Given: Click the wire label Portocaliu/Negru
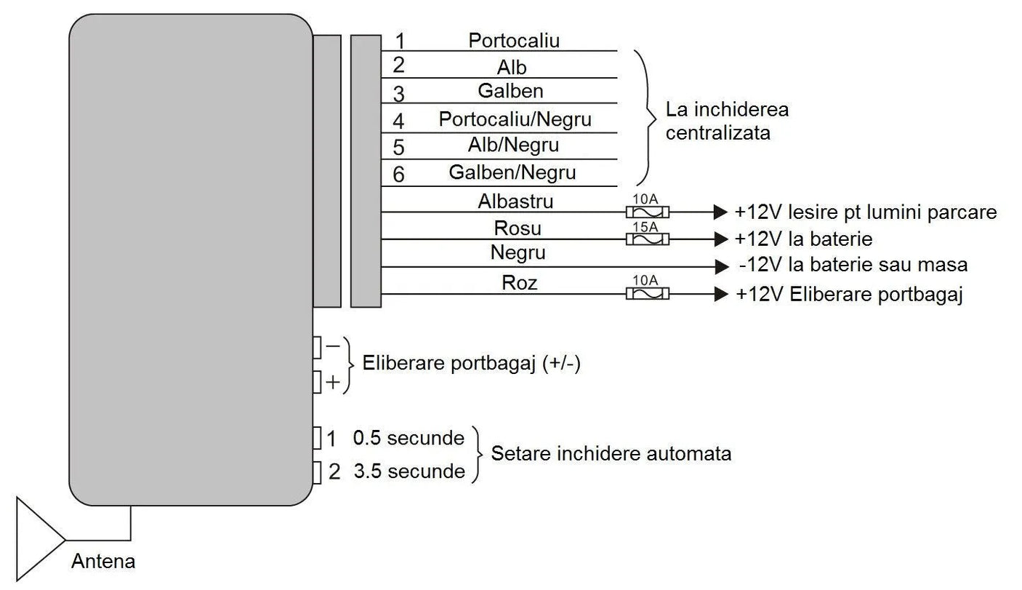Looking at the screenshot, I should (515, 119).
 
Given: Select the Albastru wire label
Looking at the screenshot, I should (515, 201).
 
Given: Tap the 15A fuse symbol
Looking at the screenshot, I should (647, 239).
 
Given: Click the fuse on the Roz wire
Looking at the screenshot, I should (647, 294).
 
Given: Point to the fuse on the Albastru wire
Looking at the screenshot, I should (647, 212).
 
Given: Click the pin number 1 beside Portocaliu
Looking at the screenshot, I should (398, 39).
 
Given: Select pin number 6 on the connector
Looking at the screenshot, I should (398, 175).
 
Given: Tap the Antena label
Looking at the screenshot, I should (103, 562).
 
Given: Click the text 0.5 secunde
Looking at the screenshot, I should (409, 438).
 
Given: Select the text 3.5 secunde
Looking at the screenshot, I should (409, 471).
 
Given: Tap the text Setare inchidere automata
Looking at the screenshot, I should (611, 454).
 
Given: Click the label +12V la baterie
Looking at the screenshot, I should (803, 239).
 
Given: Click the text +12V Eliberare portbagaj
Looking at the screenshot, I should (849, 295).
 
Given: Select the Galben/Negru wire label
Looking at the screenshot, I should (512, 172).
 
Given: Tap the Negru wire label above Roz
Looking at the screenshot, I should (518, 252).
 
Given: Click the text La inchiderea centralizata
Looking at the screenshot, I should (727, 121).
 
